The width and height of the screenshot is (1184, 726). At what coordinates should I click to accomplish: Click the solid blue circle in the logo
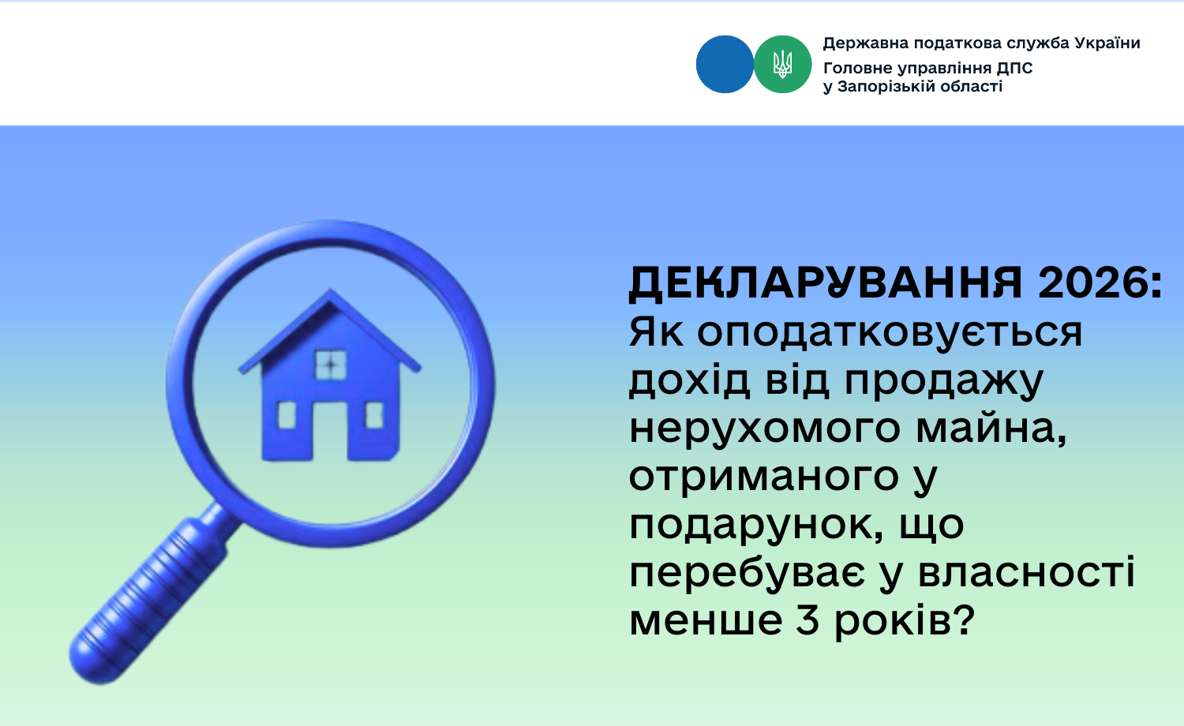pyautogui.click(x=725, y=65)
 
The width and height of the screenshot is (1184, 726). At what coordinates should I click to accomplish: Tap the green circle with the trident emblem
pyautogui.click(x=783, y=65)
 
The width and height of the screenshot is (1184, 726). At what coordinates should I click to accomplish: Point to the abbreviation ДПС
pyautogui.click(x=1015, y=68)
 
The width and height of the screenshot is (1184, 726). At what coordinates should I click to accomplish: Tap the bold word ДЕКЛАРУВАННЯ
pyautogui.click(x=825, y=284)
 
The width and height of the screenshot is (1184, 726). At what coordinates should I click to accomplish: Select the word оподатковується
pyautogui.click(x=890, y=333)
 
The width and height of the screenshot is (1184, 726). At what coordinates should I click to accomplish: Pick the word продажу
pyautogui.click(x=944, y=380)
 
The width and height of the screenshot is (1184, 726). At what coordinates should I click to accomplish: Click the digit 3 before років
pyautogui.click(x=807, y=619)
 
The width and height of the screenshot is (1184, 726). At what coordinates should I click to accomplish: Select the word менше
pyautogui.click(x=706, y=620)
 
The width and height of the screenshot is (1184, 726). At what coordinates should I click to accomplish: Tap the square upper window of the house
pyautogui.click(x=331, y=365)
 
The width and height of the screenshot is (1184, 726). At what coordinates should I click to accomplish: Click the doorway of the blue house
pyautogui.click(x=331, y=431)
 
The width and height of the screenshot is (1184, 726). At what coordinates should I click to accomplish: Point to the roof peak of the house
pyautogui.click(x=331, y=290)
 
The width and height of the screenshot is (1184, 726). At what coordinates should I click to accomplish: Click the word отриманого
pyautogui.click(x=764, y=477)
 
